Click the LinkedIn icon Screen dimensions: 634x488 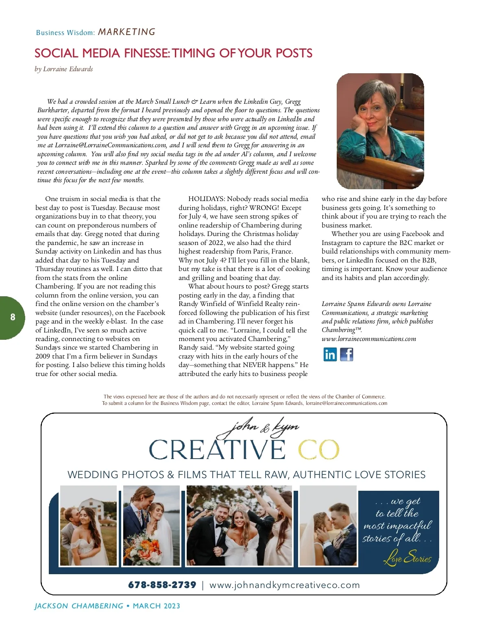[x=330, y=354]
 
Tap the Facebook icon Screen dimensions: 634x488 [x=346, y=354]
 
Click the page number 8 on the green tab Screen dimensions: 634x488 [x=13, y=317]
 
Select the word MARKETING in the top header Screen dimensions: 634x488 [x=127, y=32]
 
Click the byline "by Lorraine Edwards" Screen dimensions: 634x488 [x=64, y=69]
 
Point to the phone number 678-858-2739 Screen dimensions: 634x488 [x=162, y=585]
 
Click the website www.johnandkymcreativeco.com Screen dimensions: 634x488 [x=284, y=585]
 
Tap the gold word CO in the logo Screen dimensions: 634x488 [x=318, y=450]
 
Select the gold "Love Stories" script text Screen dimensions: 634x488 [x=407, y=556]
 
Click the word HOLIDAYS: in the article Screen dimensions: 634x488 [x=207, y=199]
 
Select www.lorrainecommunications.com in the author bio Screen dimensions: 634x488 [x=368, y=339]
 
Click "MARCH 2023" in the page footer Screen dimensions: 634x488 [x=157, y=606]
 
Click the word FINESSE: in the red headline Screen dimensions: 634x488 [x=142, y=53]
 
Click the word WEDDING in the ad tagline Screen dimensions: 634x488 [x=93, y=474]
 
